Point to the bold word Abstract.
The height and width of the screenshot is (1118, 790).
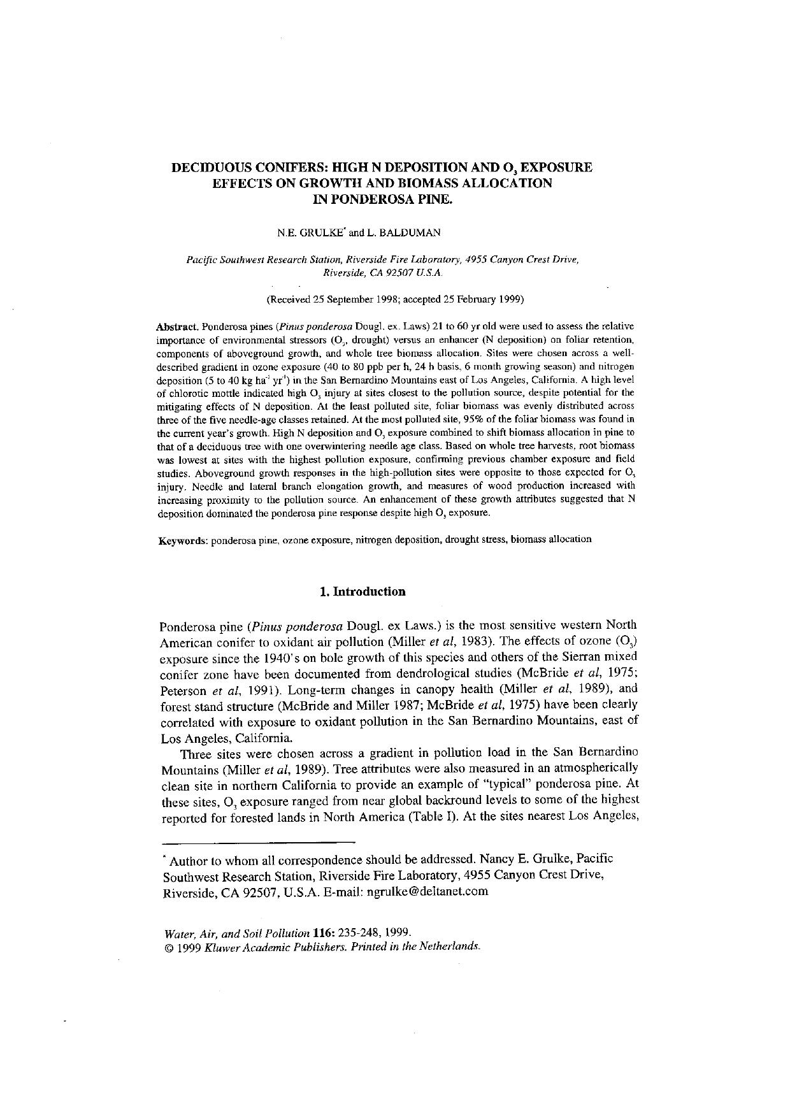pyautogui.click(x=177, y=326)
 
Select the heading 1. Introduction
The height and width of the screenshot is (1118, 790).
pyautogui.click(x=362, y=591)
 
